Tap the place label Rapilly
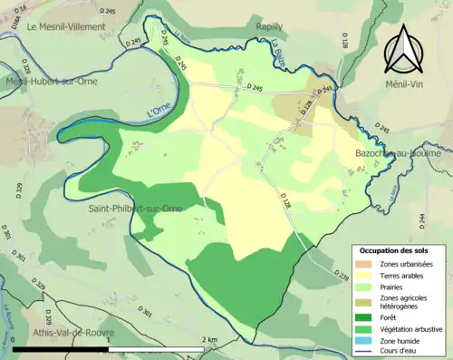pyautogui.click(x=270, y=27)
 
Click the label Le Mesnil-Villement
pyautogui.click(x=66, y=27)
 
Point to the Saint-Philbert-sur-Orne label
pyautogui.click(x=134, y=209)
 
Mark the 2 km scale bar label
pyautogui.click(x=210, y=339)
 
